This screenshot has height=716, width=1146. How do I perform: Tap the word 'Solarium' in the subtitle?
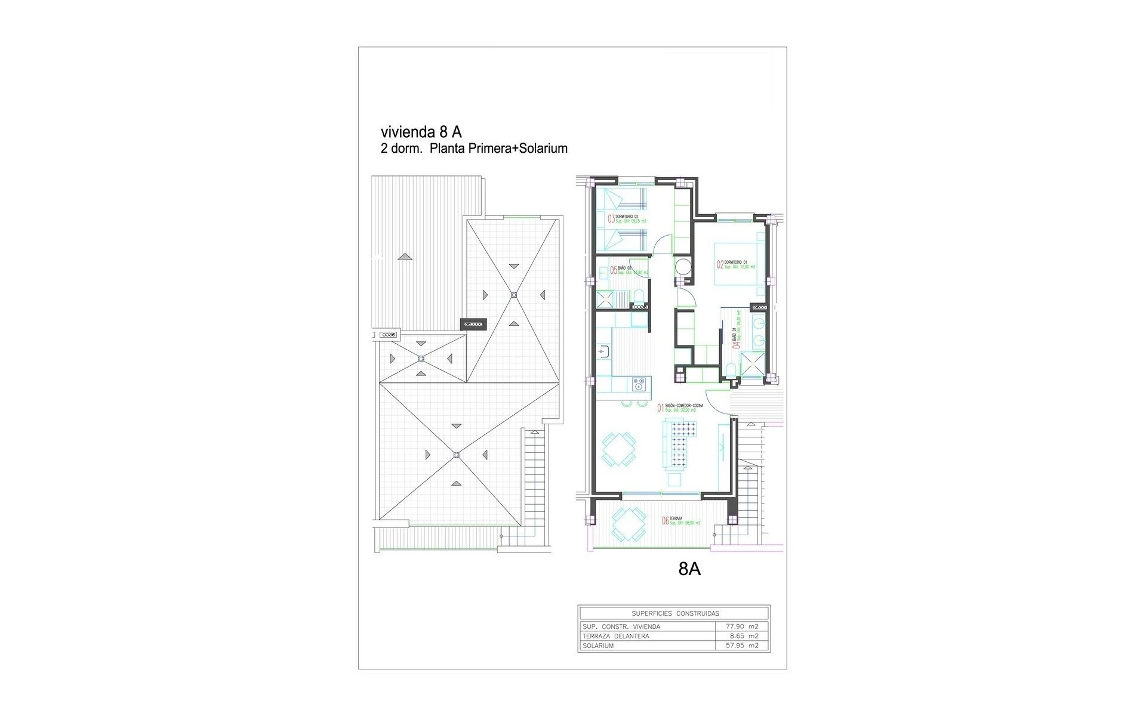coord(544,149)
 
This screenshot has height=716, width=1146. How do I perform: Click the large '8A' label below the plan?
coord(689,570)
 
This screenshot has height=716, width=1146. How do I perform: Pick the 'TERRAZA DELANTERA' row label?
coord(615,636)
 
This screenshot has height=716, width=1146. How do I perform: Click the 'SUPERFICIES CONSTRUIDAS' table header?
coord(675,613)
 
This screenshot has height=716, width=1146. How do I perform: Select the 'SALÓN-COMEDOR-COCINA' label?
coord(683,406)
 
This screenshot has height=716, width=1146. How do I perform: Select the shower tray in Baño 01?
coord(751,366)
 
